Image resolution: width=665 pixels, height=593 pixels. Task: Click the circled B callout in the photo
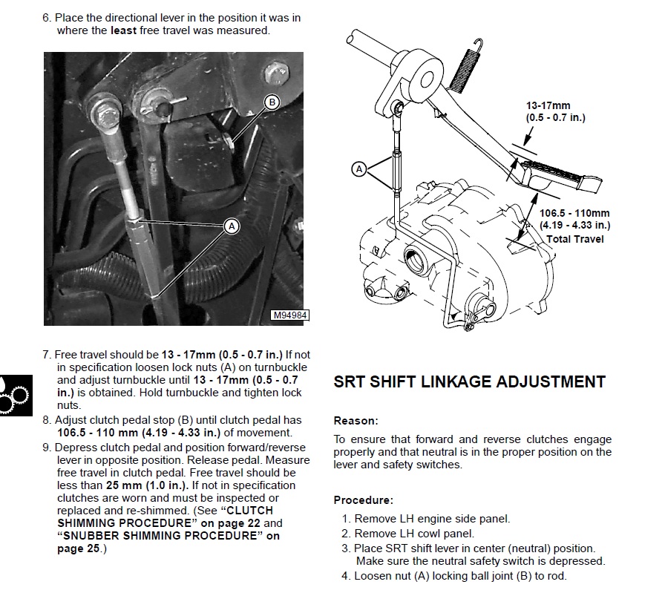tap(272, 102)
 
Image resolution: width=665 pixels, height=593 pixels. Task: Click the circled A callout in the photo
tap(231, 226)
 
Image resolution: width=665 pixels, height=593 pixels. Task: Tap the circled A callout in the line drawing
tap(358, 169)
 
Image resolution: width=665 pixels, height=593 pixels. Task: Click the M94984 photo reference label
tap(289, 316)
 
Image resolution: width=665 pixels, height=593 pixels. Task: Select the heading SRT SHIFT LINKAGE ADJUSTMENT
tap(469, 382)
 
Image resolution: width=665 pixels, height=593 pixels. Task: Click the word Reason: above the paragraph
tap(356, 421)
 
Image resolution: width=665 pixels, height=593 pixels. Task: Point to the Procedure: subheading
tap(363, 500)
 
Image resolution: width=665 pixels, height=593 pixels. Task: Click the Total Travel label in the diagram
tap(575, 239)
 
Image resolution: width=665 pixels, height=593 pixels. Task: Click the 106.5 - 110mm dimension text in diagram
tap(574, 214)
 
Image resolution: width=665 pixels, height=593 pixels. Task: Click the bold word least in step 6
tap(124, 31)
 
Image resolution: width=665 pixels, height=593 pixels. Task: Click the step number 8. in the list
tap(47, 420)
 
